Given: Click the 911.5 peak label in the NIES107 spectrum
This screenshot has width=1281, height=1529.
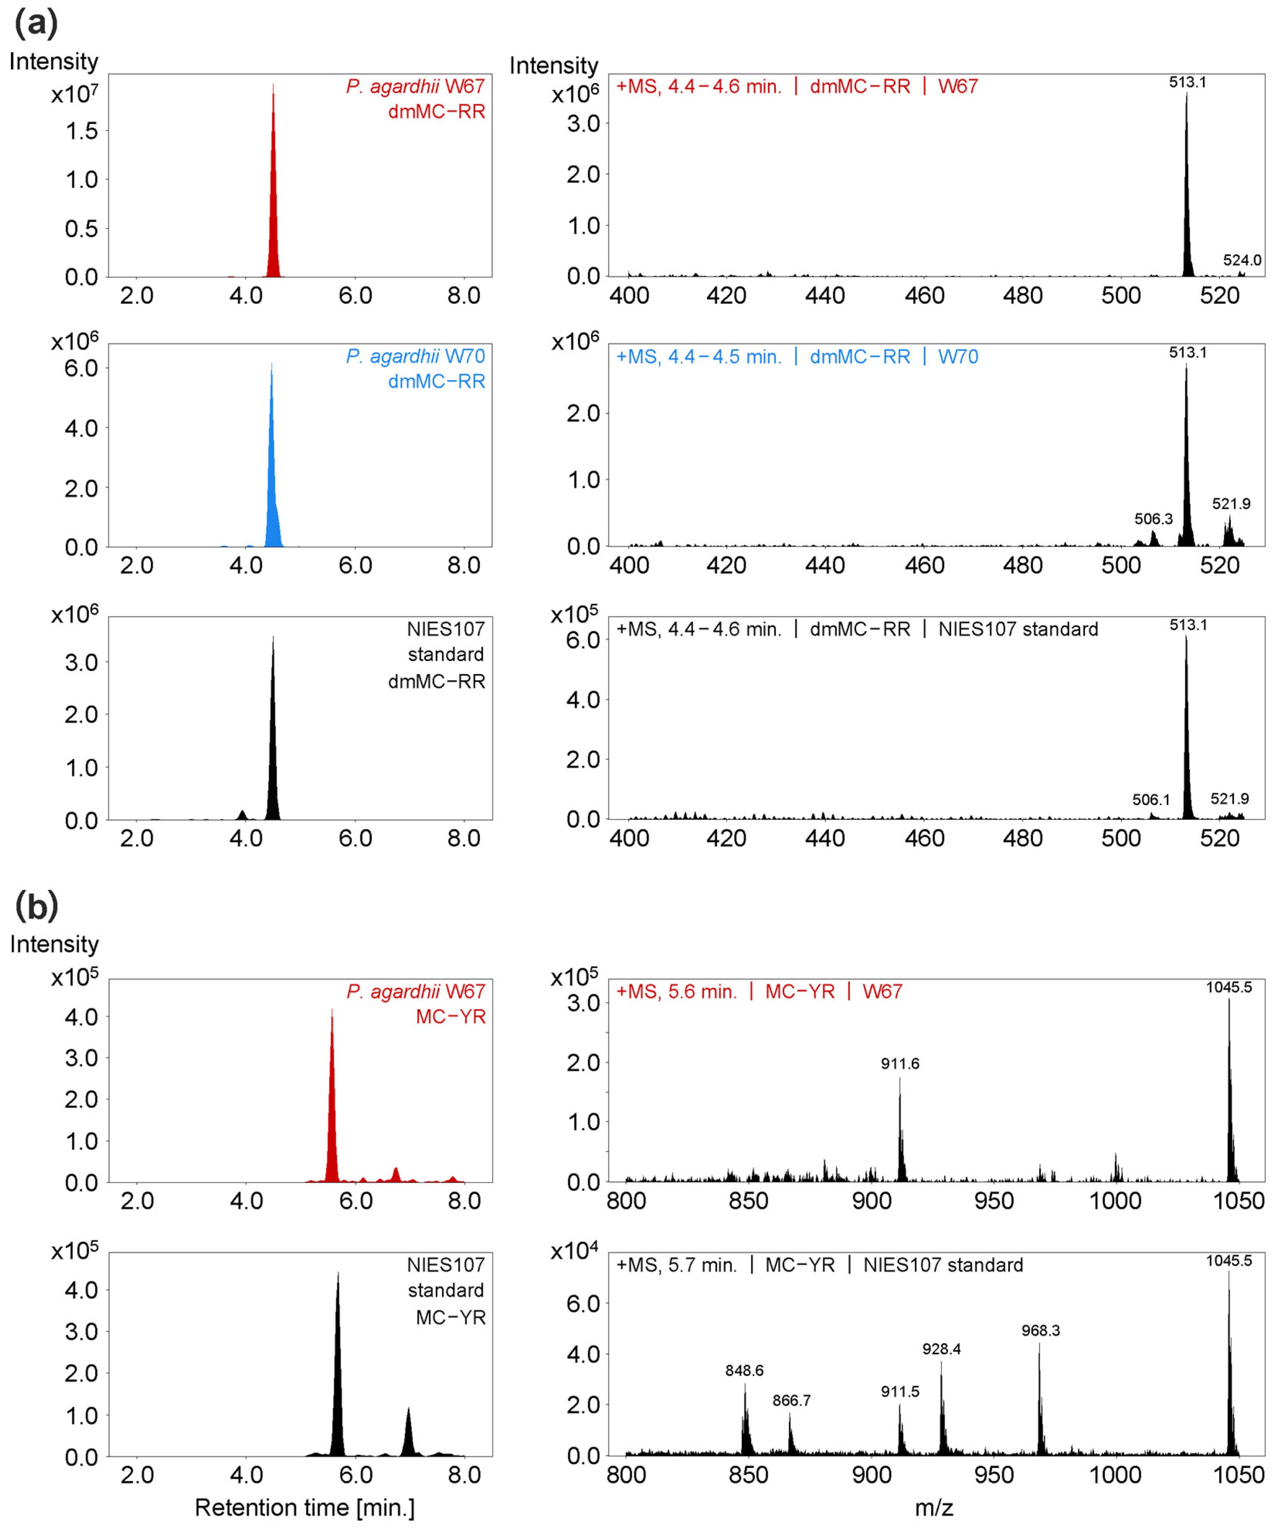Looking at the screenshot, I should [x=900, y=1392].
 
